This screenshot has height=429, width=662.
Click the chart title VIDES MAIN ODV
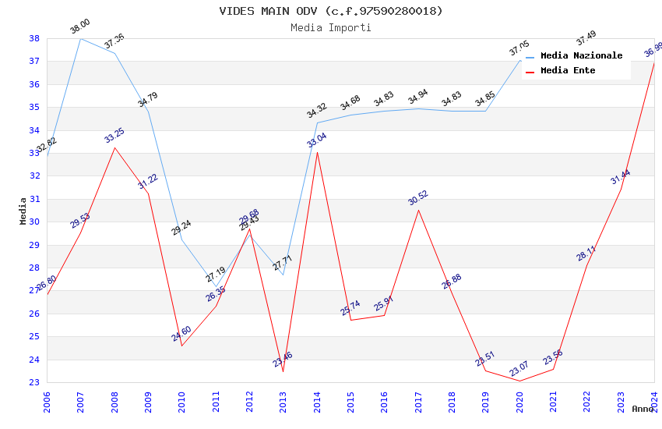tap(331, 11)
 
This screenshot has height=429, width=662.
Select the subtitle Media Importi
tap(331, 27)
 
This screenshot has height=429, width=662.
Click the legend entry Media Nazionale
tap(581, 56)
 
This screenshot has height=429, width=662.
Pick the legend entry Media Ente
tap(568, 70)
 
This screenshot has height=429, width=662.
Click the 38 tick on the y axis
tap(34, 38)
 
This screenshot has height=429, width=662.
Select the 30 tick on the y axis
tap(34, 222)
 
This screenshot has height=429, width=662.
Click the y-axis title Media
tap(23, 211)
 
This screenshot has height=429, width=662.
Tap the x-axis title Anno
tap(643, 409)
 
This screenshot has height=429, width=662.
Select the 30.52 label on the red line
tap(418, 198)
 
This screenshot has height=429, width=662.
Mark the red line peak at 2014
tap(317, 152)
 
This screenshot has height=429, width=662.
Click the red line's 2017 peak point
tap(418, 210)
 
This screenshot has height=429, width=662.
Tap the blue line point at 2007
tap(80, 38)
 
